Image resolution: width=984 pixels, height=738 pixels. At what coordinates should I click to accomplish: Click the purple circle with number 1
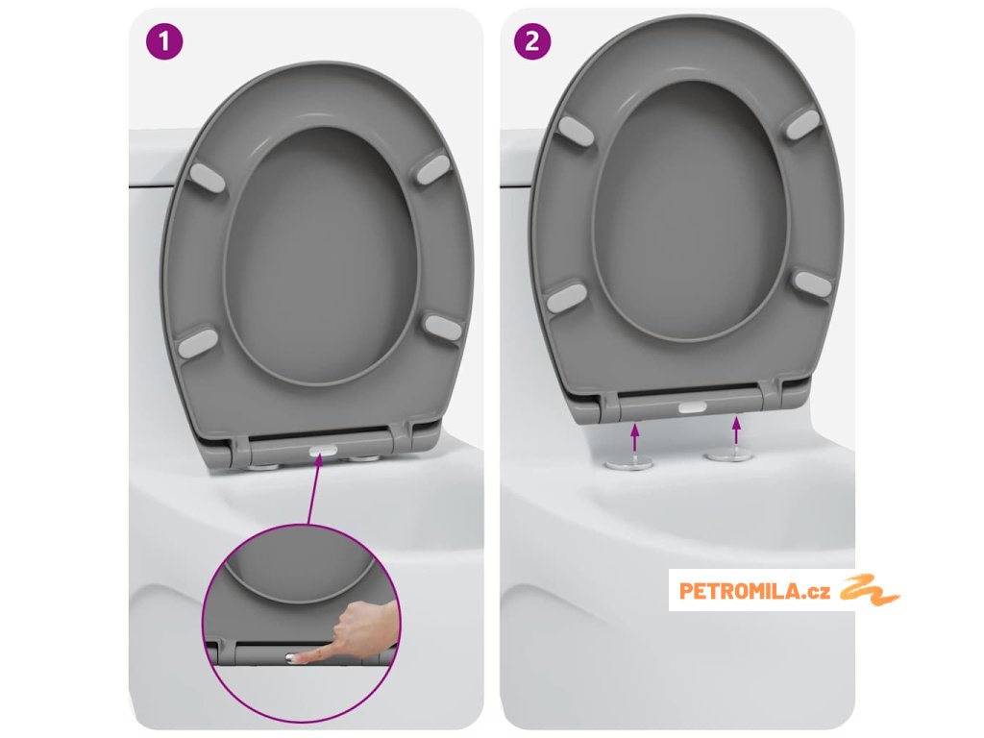click(x=164, y=42)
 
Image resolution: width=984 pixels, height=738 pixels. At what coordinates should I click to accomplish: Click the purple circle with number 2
click(x=532, y=42)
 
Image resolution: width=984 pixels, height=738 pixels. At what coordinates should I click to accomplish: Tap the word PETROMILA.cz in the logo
click(x=754, y=591)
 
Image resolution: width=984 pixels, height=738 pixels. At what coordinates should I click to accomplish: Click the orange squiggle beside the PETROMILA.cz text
click(x=869, y=590)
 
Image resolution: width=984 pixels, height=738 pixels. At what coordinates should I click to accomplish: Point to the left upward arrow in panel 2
click(x=635, y=437)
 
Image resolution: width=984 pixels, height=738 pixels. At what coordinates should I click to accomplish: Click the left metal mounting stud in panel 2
click(x=628, y=464)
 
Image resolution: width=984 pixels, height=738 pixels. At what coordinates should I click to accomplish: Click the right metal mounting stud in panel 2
click(x=728, y=455)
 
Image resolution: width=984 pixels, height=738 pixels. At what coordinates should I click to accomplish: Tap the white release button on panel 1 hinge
click(x=323, y=451)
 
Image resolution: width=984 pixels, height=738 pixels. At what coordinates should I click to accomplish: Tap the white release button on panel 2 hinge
click(x=693, y=407)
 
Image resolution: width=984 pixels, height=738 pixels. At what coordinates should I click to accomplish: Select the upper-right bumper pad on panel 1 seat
click(x=433, y=168)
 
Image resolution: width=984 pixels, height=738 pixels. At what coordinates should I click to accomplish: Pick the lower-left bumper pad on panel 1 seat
click(x=197, y=342)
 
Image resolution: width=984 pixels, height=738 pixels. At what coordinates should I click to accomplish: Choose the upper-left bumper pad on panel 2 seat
click(x=575, y=130)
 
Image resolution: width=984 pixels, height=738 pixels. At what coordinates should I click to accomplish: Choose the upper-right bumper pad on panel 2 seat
click(x=803, y=123)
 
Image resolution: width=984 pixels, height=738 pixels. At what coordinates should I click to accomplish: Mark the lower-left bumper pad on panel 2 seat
click(x=566, y=297)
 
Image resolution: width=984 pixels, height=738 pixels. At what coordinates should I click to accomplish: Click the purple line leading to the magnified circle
click(x=315, y=490)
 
